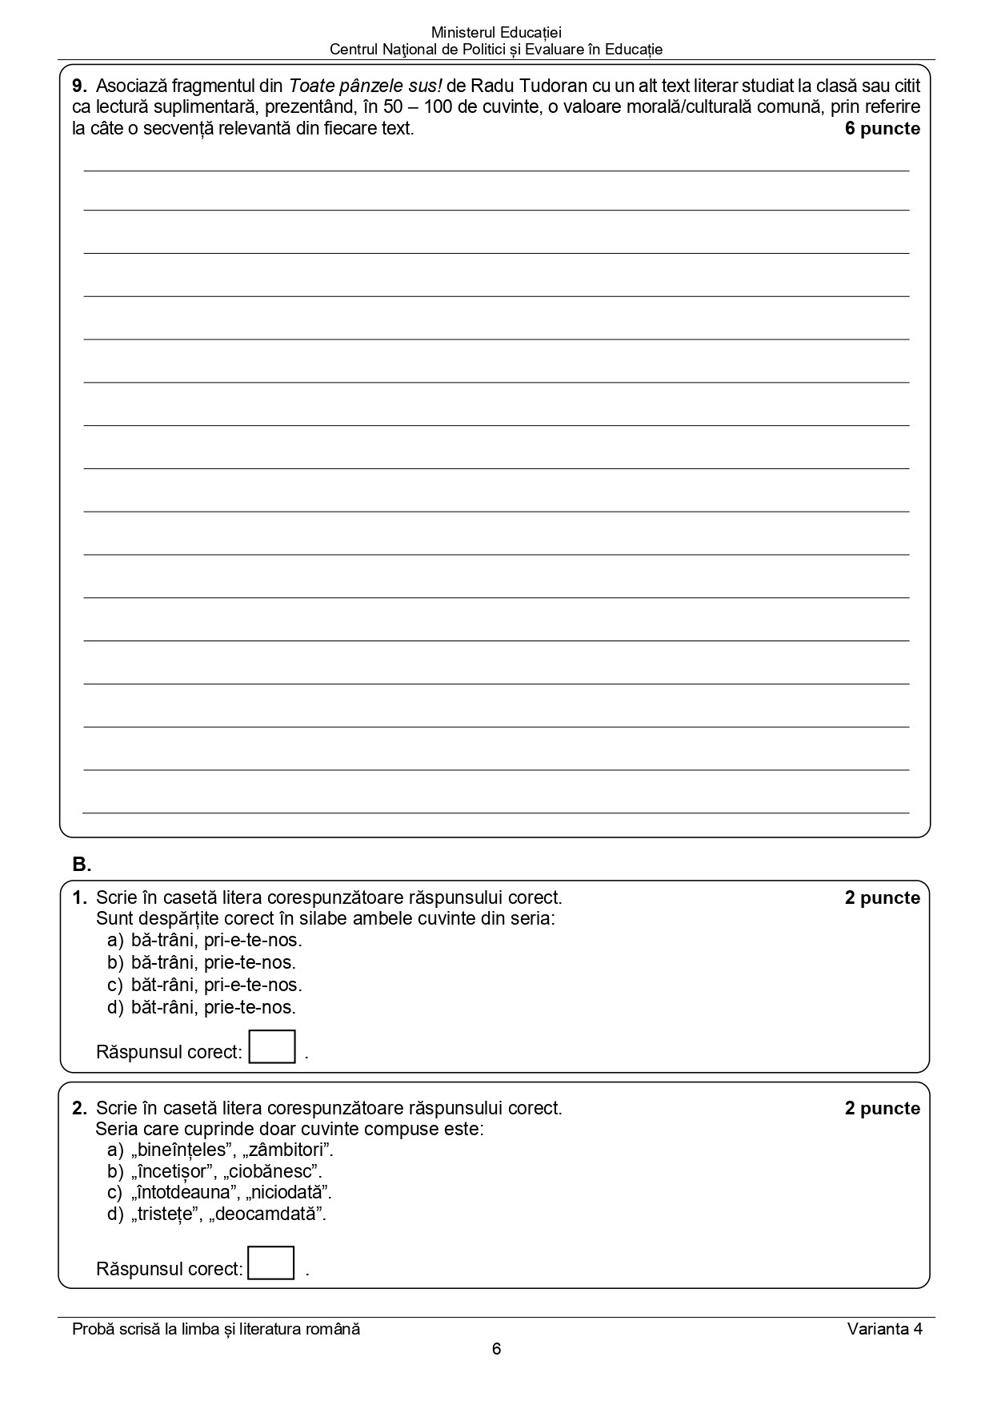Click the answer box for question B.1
[x=272, y=1047]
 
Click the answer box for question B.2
[x=271, y=1262]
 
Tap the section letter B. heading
[x=82, y=865]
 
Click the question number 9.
[x=79, y=86]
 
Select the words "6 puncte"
[x=882, y=129]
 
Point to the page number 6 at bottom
[x=496, y=1349]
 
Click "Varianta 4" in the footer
[x=885, y=1329]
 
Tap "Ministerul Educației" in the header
[x=496, y=33]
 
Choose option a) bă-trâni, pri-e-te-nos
[x=205, y=940]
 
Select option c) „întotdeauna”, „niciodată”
[x=220, y=1193]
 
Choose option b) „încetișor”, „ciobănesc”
[x=215, y=1172]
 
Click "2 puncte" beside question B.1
[x=882, y=898]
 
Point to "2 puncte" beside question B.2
[x=882, y=1109]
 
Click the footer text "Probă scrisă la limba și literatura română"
[x=216, y=1329]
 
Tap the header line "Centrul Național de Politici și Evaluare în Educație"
[x=496, y=50]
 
